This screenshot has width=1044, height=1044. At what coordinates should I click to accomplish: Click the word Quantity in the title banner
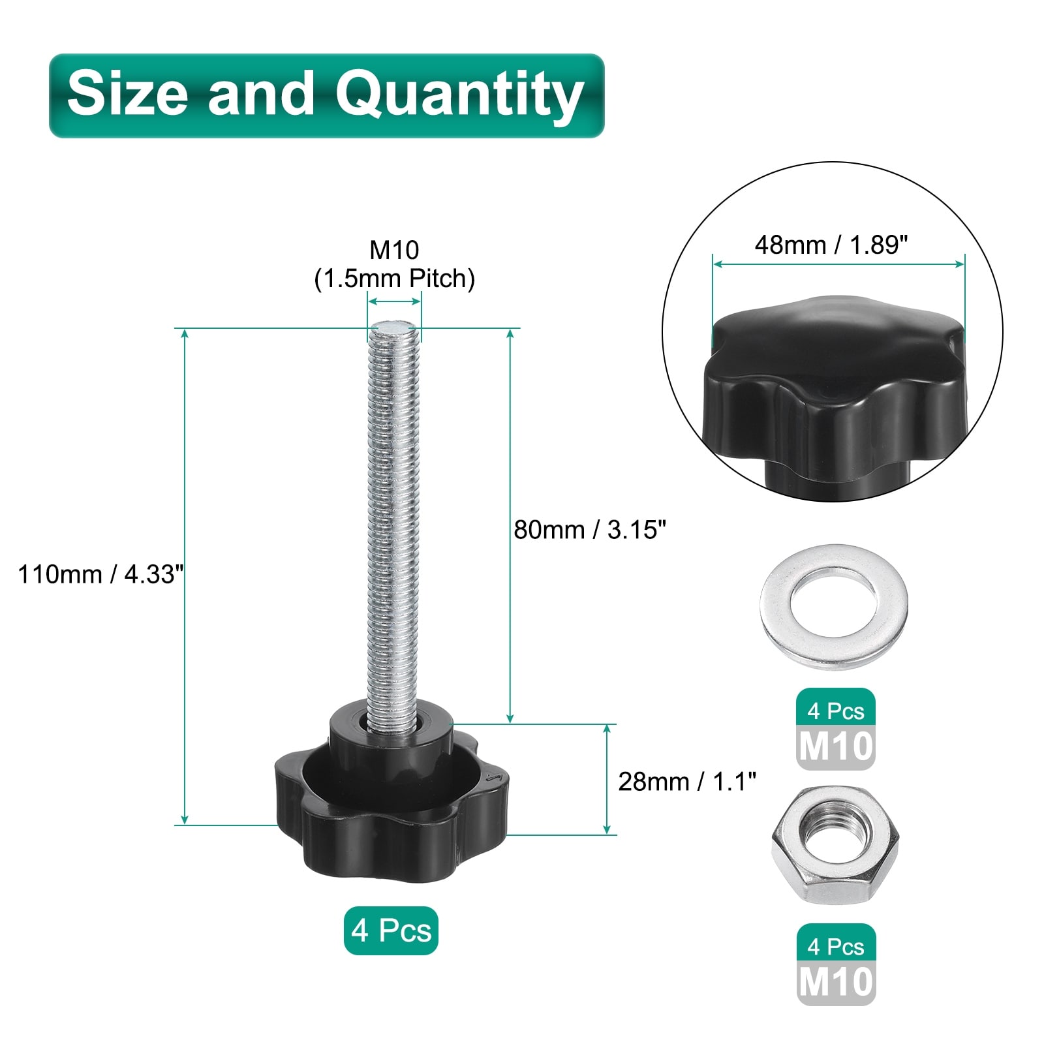click(x=459, y=96)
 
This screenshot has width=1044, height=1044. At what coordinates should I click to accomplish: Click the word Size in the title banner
click(x=127, y=93)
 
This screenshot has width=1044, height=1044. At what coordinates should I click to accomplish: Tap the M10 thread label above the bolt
click(x=394, y=249)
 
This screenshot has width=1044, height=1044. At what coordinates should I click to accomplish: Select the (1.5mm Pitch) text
click(x=394, y=279)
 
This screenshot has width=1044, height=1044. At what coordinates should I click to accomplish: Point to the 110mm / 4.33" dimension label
click(x=101, y=574)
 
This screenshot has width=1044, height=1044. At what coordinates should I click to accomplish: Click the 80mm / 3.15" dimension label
click(x=590, y=529)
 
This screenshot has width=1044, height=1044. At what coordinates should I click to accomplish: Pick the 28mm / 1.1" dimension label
click(x=687, y=781)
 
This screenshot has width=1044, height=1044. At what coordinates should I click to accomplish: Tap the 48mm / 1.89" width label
click(x=831, y=245)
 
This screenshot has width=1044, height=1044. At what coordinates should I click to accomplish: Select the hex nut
click(x=835, y=844)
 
